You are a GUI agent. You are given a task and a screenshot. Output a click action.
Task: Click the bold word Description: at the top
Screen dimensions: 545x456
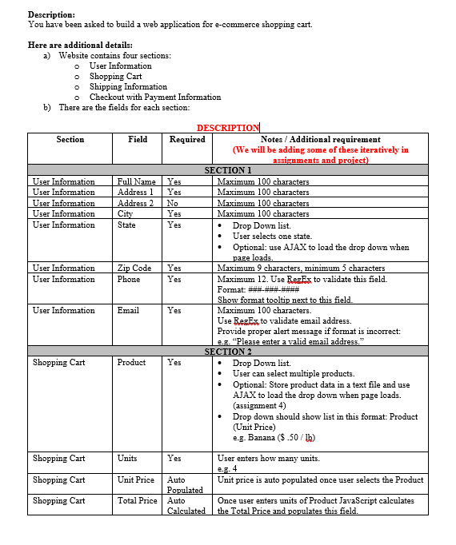coord(51,14)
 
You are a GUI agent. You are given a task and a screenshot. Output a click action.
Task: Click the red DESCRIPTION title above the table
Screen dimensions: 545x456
coord(228,128)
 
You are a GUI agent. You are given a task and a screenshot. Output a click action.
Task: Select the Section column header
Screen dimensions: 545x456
coord(70,140)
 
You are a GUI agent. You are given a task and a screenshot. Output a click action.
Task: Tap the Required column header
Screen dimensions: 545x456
coord(187,140)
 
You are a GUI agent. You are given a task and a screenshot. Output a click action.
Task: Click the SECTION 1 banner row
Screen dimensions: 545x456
coord(228,170)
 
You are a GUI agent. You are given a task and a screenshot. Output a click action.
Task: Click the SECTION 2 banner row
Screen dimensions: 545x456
coord(228,352)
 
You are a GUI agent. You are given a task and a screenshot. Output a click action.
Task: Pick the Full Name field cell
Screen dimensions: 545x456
coord(137,181)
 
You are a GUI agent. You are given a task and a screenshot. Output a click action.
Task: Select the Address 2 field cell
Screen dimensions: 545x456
coord(136,203)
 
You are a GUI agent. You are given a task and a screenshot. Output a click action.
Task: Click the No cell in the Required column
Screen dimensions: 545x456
coord(173,203)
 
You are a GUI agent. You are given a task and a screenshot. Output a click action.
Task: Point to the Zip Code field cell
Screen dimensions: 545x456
coord(134,269)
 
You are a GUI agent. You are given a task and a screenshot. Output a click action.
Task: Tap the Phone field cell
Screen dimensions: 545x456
coord(129,280)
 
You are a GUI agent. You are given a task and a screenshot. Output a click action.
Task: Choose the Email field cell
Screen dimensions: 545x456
coord(128,311)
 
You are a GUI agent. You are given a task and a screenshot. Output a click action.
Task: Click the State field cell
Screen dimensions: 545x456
coord(126,225)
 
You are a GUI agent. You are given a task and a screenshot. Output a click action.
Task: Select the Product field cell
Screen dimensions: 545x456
coord(131,363)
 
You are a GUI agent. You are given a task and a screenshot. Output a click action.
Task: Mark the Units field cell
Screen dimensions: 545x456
coord(127,459)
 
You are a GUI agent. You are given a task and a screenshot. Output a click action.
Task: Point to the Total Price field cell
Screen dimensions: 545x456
coord(138,501)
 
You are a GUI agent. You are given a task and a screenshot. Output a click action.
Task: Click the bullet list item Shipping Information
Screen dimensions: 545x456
coord(128,87)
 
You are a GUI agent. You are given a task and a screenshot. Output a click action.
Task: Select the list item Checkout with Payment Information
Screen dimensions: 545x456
coord(155,97)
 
